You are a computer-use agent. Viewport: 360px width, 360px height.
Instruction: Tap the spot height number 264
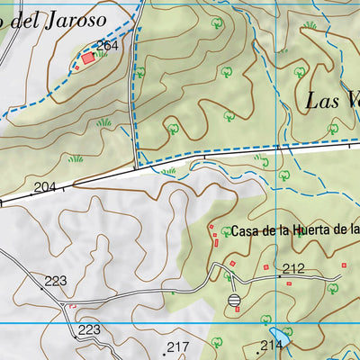107,45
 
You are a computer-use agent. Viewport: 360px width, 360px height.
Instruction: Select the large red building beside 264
87,58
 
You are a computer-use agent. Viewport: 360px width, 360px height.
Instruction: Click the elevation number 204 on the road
44,187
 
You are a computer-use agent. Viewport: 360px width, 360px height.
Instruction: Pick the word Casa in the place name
247,231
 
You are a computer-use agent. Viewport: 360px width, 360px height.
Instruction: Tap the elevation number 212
293,268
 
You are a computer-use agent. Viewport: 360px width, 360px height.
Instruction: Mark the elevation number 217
178,347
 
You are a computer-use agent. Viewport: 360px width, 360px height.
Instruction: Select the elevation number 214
271,346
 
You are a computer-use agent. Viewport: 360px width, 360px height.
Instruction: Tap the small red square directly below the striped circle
237,310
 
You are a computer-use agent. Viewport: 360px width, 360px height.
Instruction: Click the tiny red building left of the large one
76,67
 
